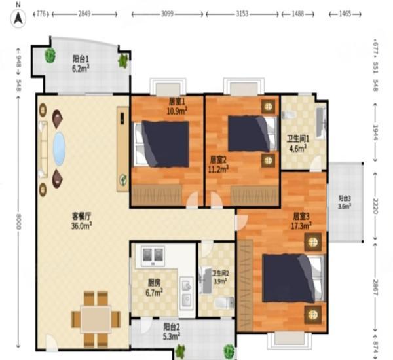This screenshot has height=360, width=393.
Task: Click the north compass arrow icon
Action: click(x=19, y=18)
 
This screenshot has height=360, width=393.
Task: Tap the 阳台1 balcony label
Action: click(x=81, y=62)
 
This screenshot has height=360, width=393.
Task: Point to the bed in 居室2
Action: click(x=248, y=134)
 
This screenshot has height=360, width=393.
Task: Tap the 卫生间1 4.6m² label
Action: click(x=298, y=143)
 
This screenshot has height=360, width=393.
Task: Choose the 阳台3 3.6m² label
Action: click(x=345, y=202)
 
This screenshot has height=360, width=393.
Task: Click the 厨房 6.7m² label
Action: click(x=155, y=287)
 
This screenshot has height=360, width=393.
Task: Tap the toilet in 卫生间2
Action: click(x=223, y=302)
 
